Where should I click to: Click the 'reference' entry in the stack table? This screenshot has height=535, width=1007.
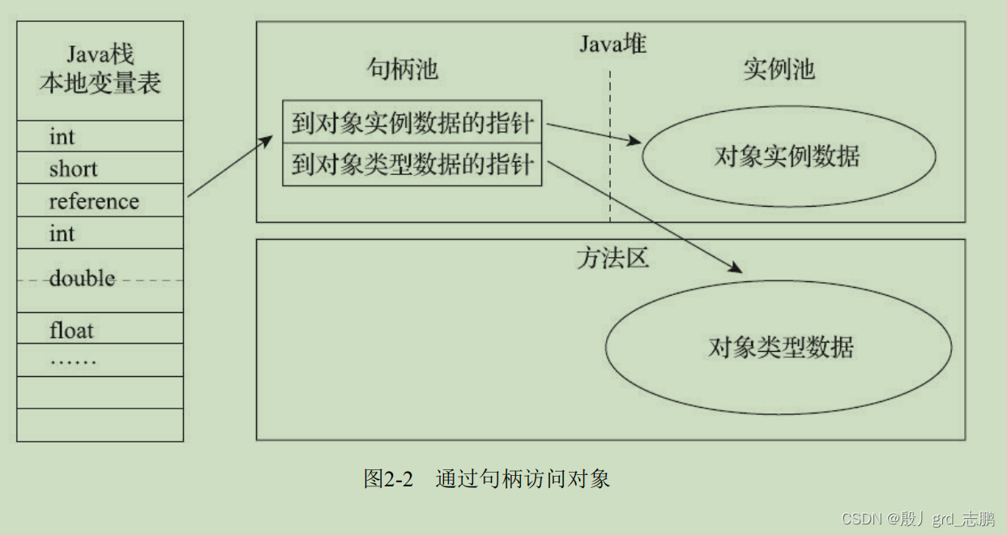[94, 201]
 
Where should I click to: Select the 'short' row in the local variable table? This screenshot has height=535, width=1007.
[73, 169]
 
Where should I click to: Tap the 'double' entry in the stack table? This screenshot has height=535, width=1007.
[82, 279]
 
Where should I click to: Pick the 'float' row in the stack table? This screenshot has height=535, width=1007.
[71, 330]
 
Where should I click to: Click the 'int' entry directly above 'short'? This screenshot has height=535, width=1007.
[62, 136]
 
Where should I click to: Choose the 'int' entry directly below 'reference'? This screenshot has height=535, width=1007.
[62, 233]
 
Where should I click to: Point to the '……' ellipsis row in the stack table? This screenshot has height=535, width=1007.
[73, 360]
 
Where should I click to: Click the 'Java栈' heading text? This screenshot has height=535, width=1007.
[100, 54]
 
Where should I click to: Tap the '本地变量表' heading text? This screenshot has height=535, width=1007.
[100, 83]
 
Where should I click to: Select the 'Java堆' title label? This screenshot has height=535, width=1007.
[612, 43]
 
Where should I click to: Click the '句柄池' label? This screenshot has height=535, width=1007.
[403, 70]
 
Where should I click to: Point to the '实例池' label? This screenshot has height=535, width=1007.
[779, 70]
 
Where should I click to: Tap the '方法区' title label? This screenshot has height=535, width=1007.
[612, 259]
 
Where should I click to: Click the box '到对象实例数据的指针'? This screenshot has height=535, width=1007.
[412, 123]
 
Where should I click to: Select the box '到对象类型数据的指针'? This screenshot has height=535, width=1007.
[412, 165]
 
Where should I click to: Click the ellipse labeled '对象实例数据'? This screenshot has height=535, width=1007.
[788, 156]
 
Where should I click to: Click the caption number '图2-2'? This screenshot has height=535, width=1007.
[388, 479]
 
